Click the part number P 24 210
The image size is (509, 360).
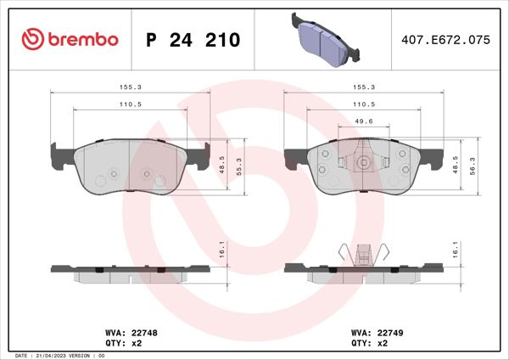click(193, 40)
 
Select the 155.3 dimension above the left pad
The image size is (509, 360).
click(130, 86)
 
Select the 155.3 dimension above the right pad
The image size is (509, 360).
click(363, 86)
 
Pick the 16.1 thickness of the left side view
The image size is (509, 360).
click(222, 251)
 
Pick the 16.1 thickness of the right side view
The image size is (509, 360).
click(456, 251)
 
